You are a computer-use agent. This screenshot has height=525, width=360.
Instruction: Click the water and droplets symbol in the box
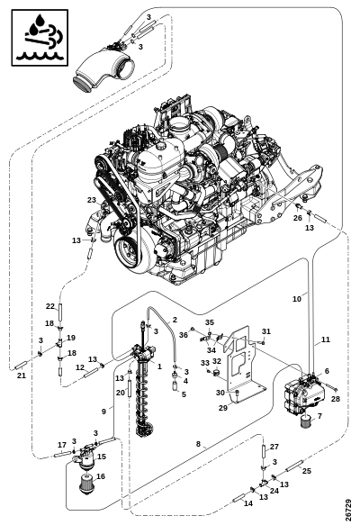40,38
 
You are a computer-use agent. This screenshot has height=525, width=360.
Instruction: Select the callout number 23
92,200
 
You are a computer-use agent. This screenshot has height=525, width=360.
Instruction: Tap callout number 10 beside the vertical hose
297,299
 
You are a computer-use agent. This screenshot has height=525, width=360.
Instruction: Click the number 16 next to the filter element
101,476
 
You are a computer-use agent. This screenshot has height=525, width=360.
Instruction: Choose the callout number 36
184,335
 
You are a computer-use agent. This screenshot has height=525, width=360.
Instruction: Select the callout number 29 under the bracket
223,407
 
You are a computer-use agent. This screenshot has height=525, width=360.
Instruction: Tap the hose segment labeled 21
21,366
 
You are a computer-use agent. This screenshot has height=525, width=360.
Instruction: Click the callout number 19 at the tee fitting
71,338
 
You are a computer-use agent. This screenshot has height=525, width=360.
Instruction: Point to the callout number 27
274,447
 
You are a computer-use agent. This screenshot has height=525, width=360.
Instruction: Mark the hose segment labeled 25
295,466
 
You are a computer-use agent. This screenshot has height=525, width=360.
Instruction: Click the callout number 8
198,444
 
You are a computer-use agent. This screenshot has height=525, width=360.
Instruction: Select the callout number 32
217,361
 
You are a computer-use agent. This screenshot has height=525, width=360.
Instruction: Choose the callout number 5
184,394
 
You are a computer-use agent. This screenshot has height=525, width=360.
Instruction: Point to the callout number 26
297,218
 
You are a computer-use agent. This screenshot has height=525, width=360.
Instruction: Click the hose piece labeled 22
60,312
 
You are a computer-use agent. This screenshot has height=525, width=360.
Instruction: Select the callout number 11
326,339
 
